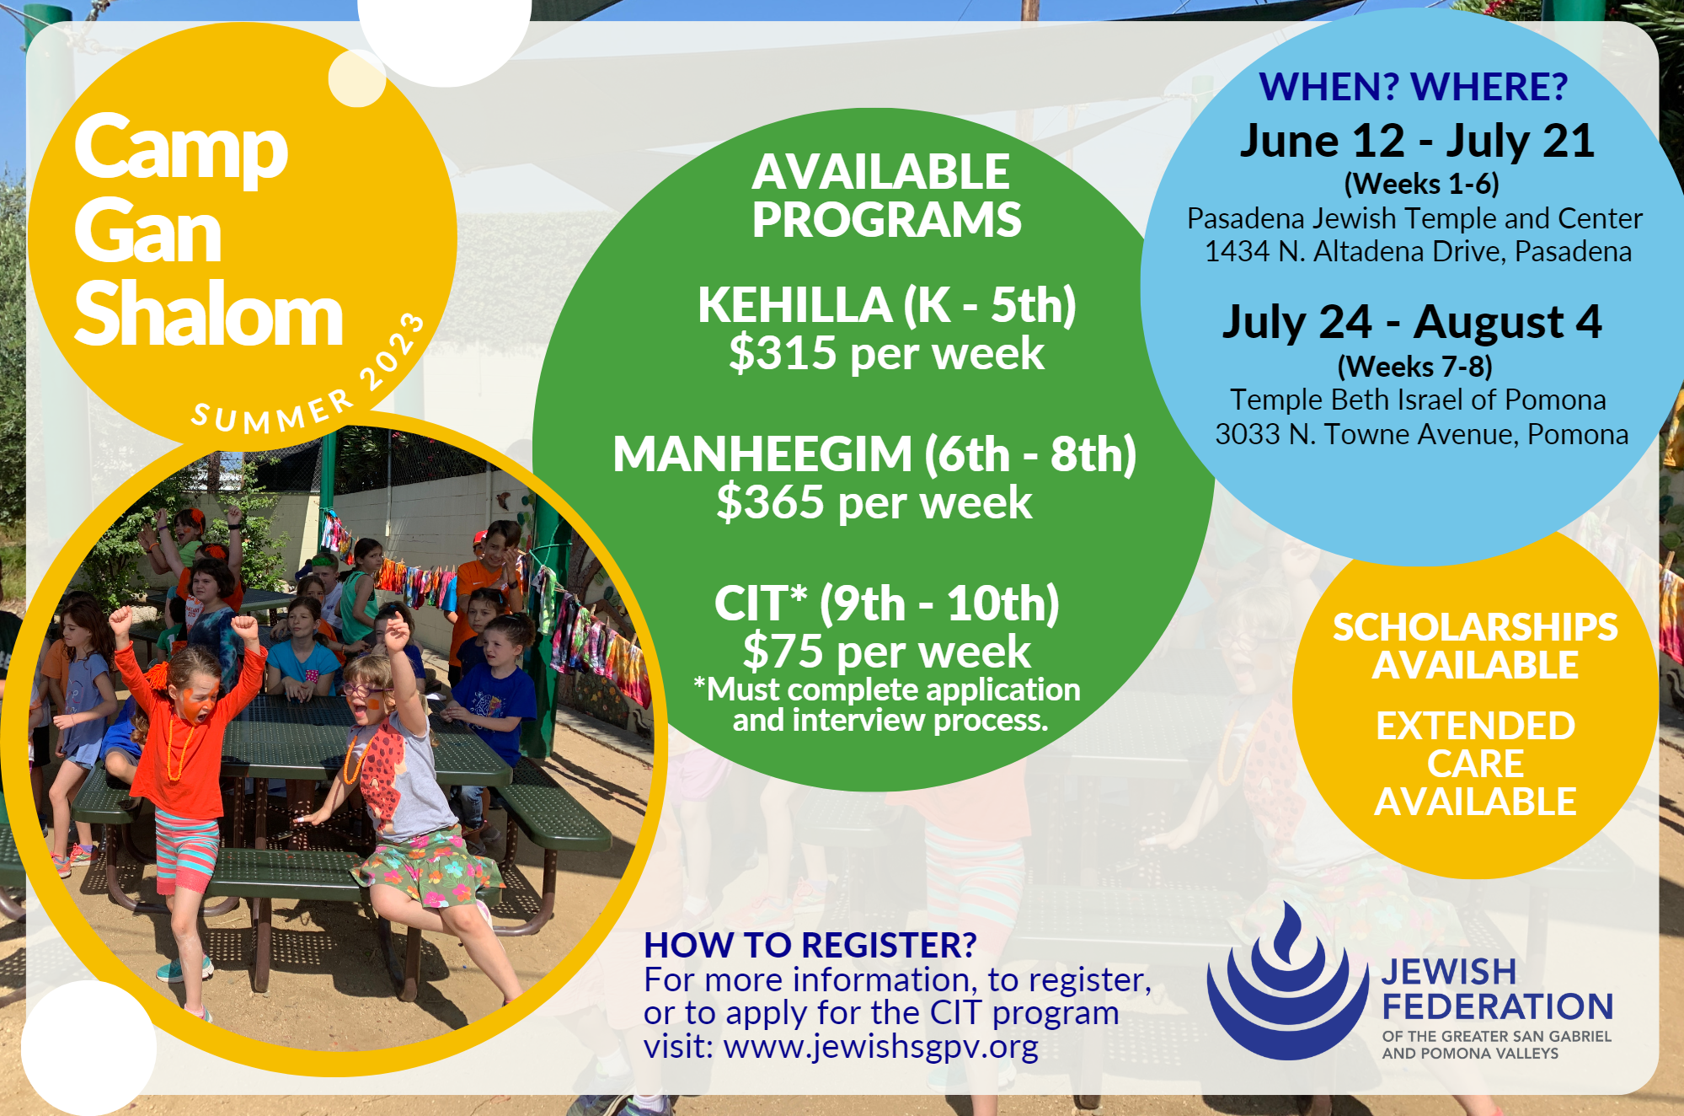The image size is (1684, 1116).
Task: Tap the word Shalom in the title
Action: pyautogui.click(x=209, y=314)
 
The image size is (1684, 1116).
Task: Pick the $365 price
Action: pyautogui.click(x=770, y=503)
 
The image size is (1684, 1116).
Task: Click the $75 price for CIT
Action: pyautogui.click(x=783, y=652)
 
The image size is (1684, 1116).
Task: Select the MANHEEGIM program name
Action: pyautogui.click(x=762, y=454)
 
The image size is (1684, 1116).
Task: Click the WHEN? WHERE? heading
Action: pyautogui.click(x=1413, y=87)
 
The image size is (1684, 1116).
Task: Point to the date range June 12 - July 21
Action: pyautogui.click(x=1417, y=141)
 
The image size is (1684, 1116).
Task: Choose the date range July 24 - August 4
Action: pyautogui.click(x=1412, y=323)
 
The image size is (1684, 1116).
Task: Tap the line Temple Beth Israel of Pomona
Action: pyautogui.click(x=1418, y=400)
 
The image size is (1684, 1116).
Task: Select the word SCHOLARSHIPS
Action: pyautogui.click(x=1475, y=627)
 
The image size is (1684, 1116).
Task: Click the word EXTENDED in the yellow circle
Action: pyautogui.click(x=1475, y=726)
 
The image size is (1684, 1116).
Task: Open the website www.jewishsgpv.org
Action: pyautogui.click(x=881, y=1047)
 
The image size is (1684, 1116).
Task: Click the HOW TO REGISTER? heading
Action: pyautogui.click(x=810, y=946)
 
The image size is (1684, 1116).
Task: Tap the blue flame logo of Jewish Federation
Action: pyautogui.click(x=1287, y=982)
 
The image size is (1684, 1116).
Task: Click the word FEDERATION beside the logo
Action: pyautogui.click(x=1498, y=1006)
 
